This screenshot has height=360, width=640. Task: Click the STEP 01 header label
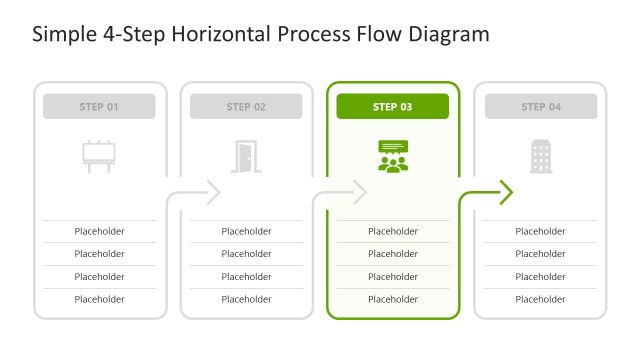tap(99, 106)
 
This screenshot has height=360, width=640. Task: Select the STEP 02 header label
tap(246, 106)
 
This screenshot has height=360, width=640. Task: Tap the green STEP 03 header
tap(392, 106)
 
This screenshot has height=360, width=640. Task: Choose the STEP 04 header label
tap(540, 106)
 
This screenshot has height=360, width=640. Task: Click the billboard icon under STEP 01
tap(99, 155)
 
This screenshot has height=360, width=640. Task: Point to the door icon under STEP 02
tap(246, 155)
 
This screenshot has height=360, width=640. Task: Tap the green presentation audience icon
tap(393, 155)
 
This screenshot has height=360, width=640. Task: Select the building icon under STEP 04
tap(540, 155)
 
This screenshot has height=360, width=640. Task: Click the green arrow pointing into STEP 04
tap(504, 191)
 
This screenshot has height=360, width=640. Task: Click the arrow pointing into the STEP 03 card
tap(357, 191)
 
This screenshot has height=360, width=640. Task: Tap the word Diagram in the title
tap(448, 35)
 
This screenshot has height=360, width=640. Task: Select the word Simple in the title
tap(62, 35)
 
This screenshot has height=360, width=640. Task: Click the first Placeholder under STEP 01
tap(99, 231)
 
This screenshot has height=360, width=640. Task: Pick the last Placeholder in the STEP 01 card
tap(99, 299)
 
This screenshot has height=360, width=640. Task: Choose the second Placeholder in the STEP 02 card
tap(246, 254)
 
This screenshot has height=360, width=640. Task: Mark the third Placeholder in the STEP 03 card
tap(393, 276)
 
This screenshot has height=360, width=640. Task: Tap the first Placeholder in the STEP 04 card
tap(540, 231)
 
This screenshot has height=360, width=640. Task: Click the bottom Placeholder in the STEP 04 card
tap(540, 299)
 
